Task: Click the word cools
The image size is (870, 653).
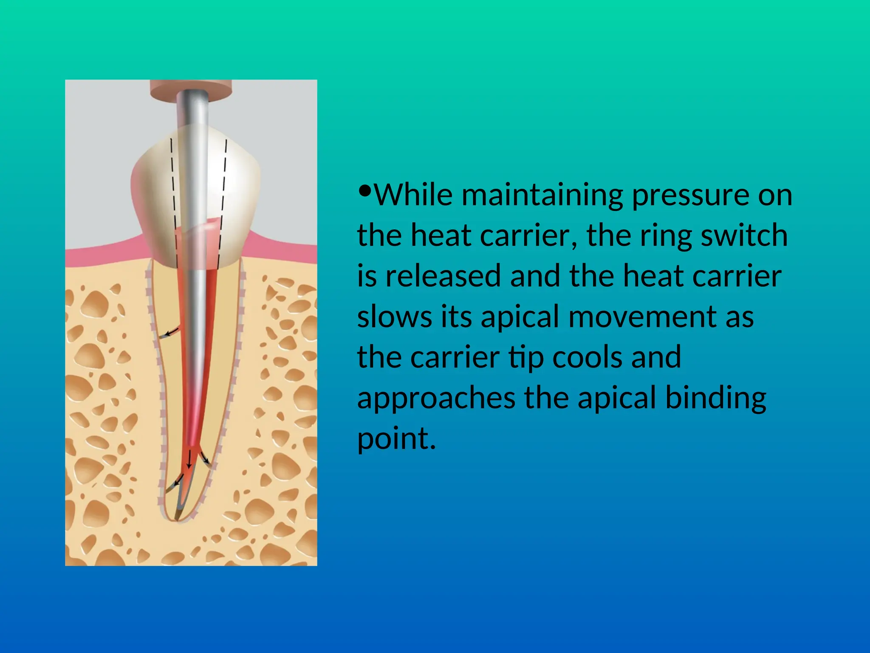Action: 587,357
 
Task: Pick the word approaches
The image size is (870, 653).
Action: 436,399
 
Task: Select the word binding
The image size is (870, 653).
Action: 716,399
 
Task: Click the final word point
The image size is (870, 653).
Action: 396,439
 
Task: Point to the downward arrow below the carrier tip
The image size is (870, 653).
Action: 189,462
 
